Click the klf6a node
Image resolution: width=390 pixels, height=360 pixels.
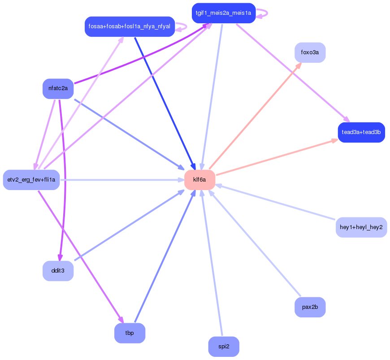(199, 180)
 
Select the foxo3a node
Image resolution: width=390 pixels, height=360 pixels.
(310, 52)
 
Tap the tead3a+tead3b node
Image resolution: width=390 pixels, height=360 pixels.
(361, 132)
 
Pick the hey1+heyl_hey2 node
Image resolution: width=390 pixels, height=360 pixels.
(361, 227)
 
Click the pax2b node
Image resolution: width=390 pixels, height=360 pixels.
(310, 307)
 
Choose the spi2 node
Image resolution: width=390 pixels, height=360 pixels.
(224, 347)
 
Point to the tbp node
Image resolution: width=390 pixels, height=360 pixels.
(130, 333)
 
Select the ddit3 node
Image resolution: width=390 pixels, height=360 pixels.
(58, 271)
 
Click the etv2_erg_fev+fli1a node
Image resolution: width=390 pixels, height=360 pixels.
(31, 180)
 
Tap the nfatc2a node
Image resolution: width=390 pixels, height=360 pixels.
(58, 88)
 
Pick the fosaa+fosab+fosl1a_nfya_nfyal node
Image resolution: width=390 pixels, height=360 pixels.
(129, 26)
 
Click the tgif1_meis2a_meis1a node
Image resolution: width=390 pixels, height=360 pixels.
(224, 13)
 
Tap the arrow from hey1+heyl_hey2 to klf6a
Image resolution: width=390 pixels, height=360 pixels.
(276, 202)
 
